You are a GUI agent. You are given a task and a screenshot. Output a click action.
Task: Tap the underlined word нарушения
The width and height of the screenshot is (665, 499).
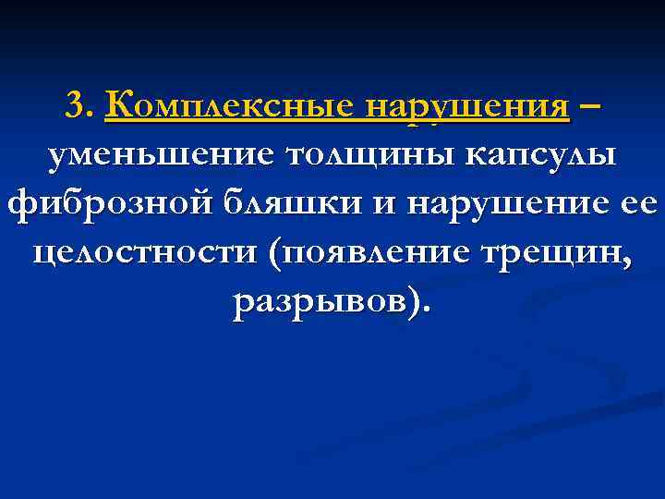(467, 105)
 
